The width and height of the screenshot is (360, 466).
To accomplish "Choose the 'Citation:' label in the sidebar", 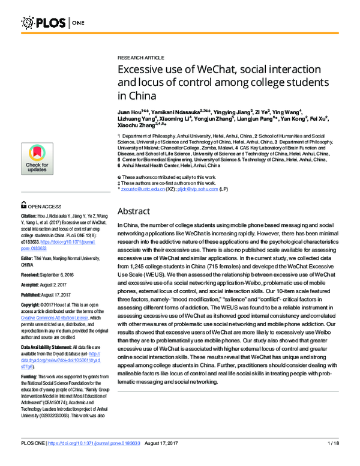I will coord(31,198).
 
